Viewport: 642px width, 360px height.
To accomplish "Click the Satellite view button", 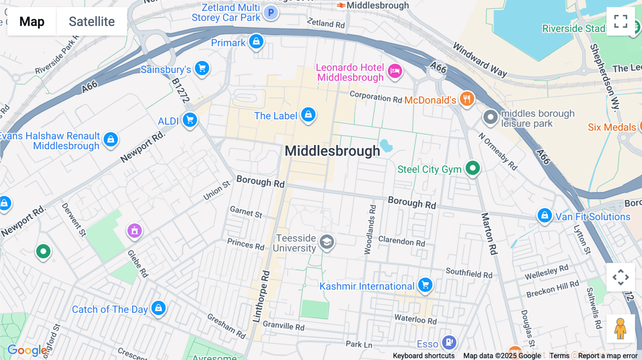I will point(92,21).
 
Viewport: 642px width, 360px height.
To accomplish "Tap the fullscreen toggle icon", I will point(621,21).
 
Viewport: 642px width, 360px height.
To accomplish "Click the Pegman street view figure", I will point(621,328).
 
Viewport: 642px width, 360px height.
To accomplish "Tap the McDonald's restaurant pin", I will point(467,98).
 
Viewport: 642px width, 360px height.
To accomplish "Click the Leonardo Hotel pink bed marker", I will point(395,71).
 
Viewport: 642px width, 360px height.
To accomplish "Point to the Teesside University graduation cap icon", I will point(326,242).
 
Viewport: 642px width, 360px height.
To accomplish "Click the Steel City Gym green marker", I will point(473,168).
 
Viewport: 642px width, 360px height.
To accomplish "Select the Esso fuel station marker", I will point(449,343).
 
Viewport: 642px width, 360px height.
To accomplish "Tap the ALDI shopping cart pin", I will point(190,120).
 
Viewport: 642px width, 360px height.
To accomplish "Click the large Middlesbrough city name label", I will point(332,151).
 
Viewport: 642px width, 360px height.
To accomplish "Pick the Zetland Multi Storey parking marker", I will point(271,12).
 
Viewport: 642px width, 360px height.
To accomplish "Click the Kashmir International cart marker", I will point(425,285).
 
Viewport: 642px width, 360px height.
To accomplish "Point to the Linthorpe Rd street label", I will point(261,297).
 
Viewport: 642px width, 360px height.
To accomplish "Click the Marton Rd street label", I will point(489,234).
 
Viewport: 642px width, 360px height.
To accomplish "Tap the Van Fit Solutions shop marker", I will point(545,215).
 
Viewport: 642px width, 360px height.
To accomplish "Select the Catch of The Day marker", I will point(158,308).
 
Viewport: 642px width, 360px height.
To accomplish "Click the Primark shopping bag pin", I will point(256,41).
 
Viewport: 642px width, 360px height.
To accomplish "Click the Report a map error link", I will point(608,356).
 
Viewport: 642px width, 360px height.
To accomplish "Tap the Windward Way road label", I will point(480,60).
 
